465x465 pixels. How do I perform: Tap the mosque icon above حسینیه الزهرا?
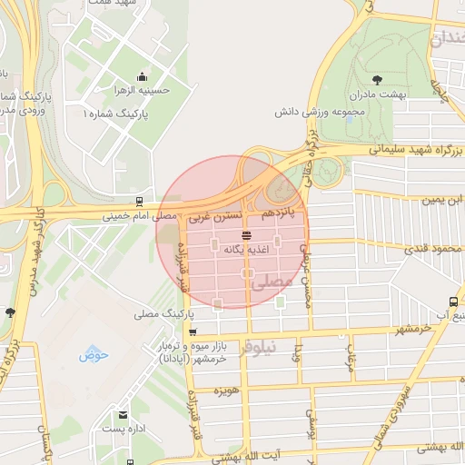point(141,77)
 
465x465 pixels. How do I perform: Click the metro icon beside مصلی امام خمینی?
point(139,201)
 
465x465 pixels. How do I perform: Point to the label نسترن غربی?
point(215,217)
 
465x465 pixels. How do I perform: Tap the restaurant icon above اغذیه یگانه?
point(247,235)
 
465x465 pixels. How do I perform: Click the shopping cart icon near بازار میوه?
point(192,332)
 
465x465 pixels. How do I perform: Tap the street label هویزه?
point(225,391)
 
